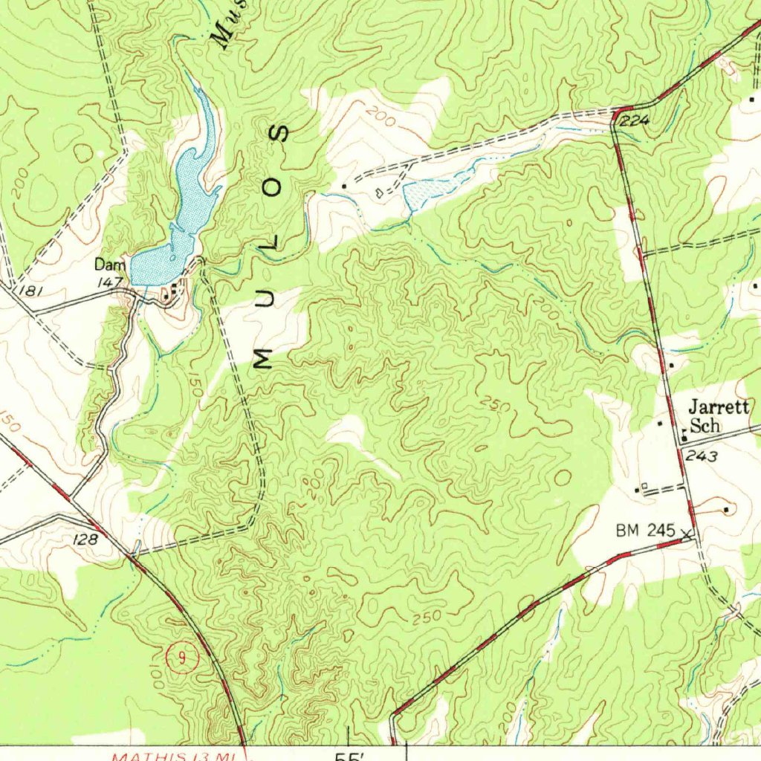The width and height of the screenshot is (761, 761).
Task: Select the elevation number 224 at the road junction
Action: [x=634, y=121]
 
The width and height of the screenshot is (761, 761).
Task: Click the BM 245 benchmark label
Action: [x=644, y=531]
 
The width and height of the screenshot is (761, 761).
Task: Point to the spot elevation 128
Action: [x=86, y=540]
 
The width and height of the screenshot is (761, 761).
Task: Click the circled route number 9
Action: [x=180, y=657]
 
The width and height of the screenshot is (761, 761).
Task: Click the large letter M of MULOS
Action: [x=262, y=359]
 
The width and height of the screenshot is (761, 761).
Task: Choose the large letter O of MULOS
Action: [x=273, y=190]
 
